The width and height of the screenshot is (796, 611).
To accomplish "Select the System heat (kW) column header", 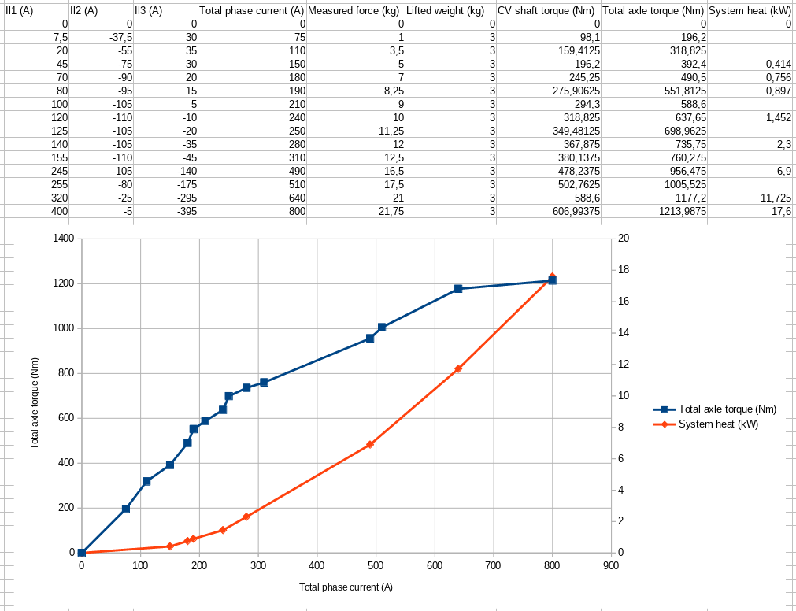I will click(749, 11).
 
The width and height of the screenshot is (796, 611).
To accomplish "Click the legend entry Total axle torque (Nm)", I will click(727, 409).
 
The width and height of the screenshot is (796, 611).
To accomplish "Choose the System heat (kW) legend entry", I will click(718, 424).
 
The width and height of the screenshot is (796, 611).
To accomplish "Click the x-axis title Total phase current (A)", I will click(346, 587).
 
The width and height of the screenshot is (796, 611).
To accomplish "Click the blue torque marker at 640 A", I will click(458, 289).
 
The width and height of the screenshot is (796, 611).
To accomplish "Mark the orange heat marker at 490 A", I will click(370, 444).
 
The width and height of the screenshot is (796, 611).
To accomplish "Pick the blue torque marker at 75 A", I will click(126, 509).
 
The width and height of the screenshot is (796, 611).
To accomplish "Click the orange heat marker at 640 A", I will click(458, 368).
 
